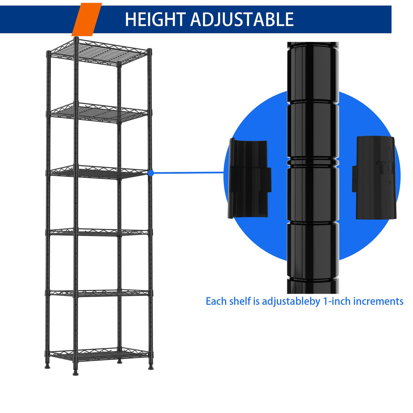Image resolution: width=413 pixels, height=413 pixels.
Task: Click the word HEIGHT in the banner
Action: pyautogui.click(x=155, y=19)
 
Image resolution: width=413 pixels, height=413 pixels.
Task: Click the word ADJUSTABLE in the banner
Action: pyautogui.click(x=242, y=19)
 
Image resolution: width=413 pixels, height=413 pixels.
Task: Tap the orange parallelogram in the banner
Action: pyautogui.click(x=87, y=19)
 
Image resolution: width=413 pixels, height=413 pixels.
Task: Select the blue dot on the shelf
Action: pyautogui.click(x=151, y=173)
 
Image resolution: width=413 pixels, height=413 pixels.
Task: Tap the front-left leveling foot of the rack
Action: pyautogui.click(x=75, y=373)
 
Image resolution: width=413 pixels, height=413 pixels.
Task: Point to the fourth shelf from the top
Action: pyautogui.click(x=99, y=232)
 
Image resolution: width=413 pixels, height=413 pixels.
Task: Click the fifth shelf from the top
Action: pyautogui.click(x=99, y=293)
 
